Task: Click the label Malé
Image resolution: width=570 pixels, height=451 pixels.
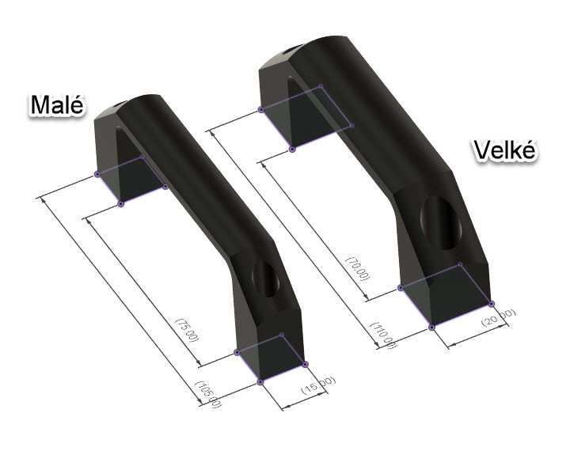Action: pyautogui.click(x=57, y=104)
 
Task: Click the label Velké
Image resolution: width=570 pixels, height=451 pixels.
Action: pyautogui.click(x=504, y=150)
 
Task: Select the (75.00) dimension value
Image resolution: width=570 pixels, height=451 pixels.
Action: pyautogui.click(x=188, y=330)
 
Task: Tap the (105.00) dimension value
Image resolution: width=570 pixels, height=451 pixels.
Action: pyautogui.click(x=208, y=394)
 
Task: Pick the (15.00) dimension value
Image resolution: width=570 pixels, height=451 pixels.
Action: pyautogui.click(x=318, y=385)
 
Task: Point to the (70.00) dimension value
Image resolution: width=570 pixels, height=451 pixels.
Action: pyautogui.click(x=358, y=268)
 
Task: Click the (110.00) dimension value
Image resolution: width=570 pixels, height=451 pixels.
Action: pyautogui.click(x=383, y=335)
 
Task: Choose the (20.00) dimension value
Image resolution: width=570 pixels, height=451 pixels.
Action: pyautogui.click(x=499, y=317)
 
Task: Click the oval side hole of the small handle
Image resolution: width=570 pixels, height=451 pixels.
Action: pyautogui.click(x=266, y=279)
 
